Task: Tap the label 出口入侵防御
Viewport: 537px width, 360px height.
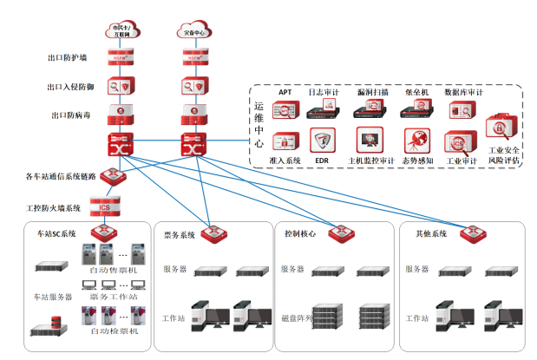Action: click(69, 87)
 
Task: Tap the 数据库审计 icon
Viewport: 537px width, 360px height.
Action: click(462, 110)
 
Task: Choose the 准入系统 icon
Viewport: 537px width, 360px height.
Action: click(284, 141)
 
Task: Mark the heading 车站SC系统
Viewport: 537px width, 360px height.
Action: click(56, 234)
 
